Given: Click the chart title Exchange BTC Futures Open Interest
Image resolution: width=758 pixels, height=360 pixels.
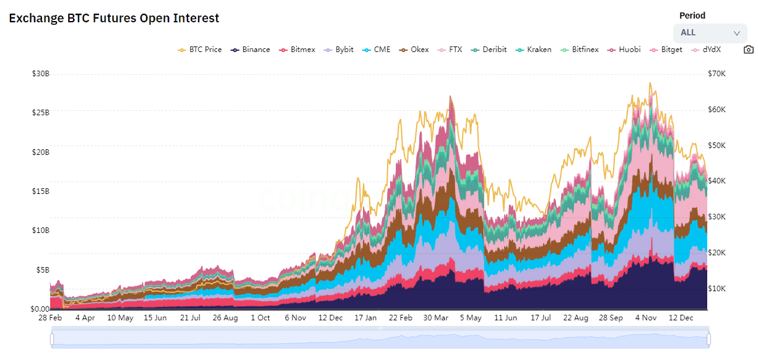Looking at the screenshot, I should pos(114,19).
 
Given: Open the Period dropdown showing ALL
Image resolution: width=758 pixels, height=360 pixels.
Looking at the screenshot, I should pos(710,33).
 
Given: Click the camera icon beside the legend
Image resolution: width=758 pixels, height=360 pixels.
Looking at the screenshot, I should pos(749,50).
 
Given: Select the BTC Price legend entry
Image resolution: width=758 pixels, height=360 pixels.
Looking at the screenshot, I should pos(199,50).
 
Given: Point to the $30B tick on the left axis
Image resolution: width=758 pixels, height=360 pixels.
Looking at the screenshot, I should pos(41,74).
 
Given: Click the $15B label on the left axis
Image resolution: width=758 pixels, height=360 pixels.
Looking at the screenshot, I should pos(41,191).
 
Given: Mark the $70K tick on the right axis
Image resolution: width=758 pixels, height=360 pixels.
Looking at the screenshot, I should pos(717,74).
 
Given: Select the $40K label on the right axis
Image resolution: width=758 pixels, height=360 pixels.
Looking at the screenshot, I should pos(717,181).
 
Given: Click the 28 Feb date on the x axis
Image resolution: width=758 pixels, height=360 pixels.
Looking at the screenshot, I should pos(50,318).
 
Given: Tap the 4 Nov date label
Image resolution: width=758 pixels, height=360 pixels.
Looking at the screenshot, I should pos(645,318).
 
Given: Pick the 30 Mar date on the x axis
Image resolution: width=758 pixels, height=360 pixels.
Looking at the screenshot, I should pos(436,318).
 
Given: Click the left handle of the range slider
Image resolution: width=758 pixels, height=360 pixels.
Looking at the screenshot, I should pos(52,339).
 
